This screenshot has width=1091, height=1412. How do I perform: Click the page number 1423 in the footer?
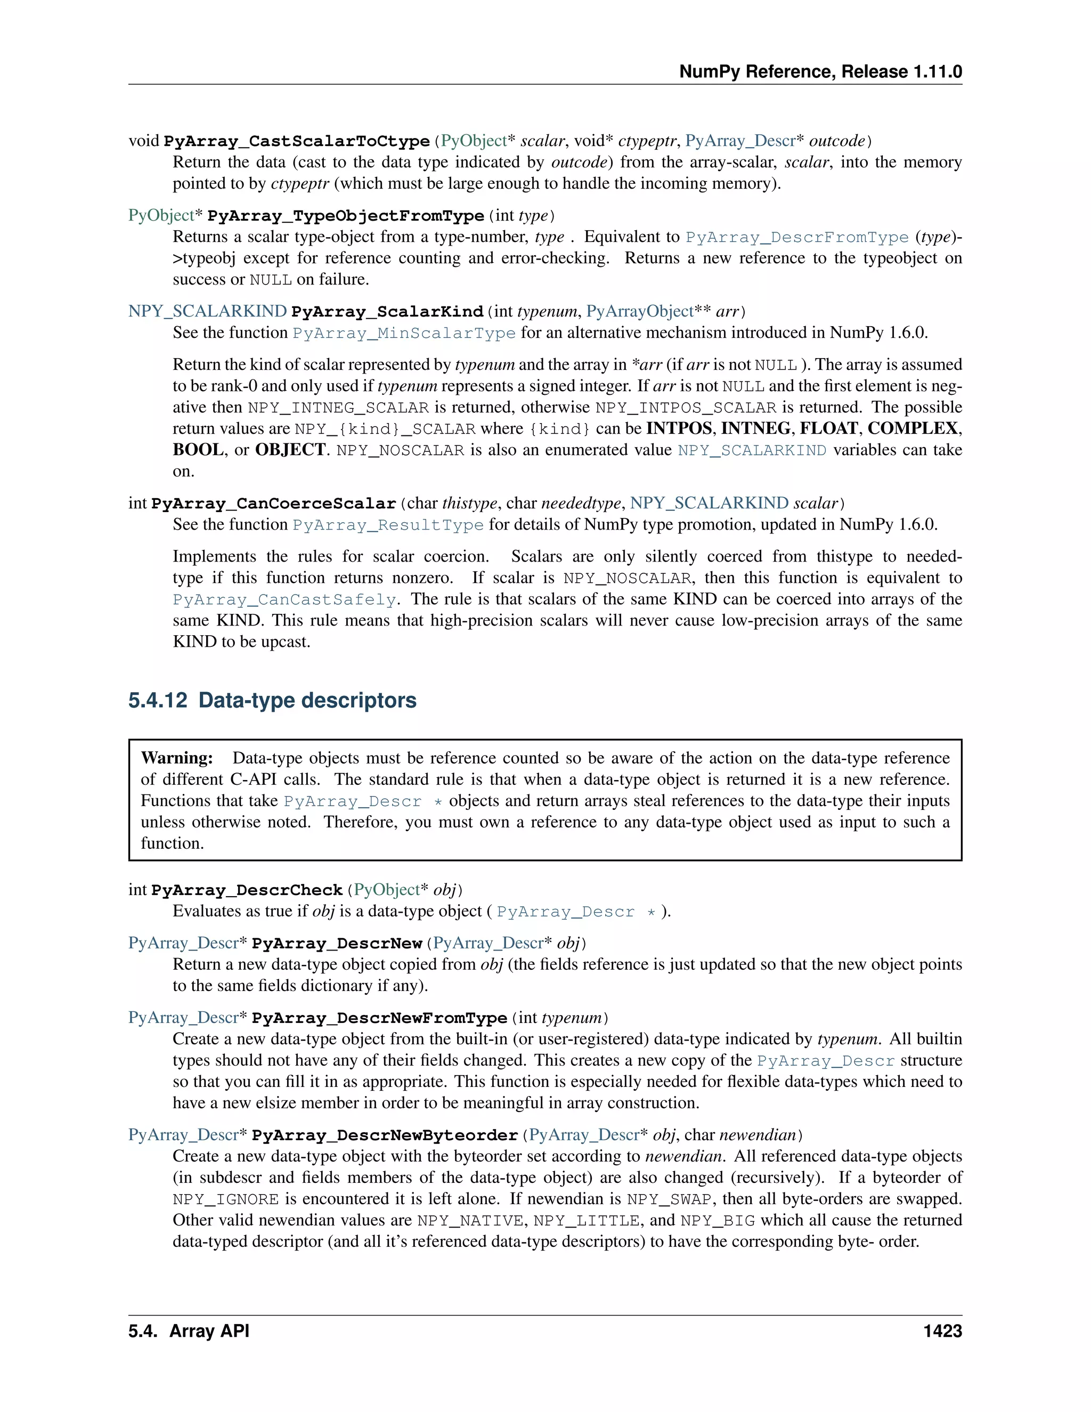[942, 1331]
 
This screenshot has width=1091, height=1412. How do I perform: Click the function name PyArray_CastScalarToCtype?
[297, 142]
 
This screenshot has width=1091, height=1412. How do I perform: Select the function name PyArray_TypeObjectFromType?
[346, 216]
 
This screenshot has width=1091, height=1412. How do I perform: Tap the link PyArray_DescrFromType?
[797, 237]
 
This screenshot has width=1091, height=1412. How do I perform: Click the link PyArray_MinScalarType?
[404, 334]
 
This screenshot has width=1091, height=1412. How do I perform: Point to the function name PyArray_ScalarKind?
[387, 312]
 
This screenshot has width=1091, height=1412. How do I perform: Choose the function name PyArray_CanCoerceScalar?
[273, 504]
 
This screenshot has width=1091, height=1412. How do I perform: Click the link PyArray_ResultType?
[388, 525]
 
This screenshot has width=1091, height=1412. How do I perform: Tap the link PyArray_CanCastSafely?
[284, 600]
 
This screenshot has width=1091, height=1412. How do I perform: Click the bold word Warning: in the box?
[177, 758]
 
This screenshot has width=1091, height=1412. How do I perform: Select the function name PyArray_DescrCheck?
[246, 890]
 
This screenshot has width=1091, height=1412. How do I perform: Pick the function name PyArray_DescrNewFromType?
[379, 1018]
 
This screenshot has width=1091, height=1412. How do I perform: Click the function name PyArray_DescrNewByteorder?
[385, 1135]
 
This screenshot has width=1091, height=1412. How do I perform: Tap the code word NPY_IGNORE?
[225, 1199]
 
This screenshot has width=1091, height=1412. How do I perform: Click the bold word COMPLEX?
[912, 428]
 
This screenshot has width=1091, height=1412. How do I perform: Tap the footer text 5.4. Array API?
[188, 1331]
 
